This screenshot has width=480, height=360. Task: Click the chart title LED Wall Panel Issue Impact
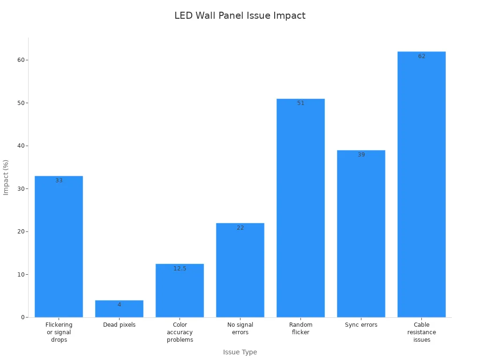[240, 15]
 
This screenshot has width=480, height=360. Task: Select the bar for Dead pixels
[119, 309]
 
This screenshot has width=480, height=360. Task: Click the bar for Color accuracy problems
[180, 291]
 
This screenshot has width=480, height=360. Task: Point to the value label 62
[421, 56]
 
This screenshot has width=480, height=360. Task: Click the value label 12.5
[180, 269]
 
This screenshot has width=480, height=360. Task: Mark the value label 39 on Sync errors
[361, 155]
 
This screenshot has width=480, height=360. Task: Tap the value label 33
[59, 180]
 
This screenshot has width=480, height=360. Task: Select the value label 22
[240, 228]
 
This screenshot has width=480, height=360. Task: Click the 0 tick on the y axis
[22, 317]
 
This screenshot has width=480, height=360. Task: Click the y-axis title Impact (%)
[6, 177]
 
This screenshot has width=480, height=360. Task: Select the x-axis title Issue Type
[240, 352]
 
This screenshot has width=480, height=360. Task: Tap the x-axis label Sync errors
[361, 325]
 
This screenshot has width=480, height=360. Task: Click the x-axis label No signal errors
[240, 329]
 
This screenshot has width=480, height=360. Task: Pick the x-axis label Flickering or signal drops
[59, 332]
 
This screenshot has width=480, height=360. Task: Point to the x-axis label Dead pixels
[119, 325]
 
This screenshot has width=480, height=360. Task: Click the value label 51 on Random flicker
[300, 103]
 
